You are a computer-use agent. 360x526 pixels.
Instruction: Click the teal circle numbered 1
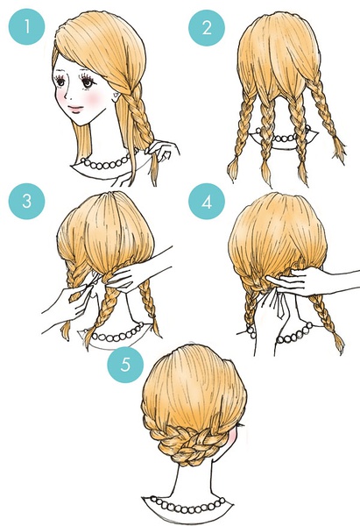coord(26,27)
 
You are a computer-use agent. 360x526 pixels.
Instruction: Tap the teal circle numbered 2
coord(207,27)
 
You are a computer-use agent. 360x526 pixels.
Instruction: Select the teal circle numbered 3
coord(26,202)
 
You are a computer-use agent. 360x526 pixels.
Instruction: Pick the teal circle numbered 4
coord(207,202)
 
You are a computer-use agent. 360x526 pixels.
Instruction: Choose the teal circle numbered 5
coord(125,365)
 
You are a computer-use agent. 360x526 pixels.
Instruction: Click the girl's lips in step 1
coord(75,110)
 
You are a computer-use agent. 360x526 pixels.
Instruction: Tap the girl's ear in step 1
coord(116,96)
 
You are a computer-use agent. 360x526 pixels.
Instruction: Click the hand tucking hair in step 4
coord(301,281)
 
